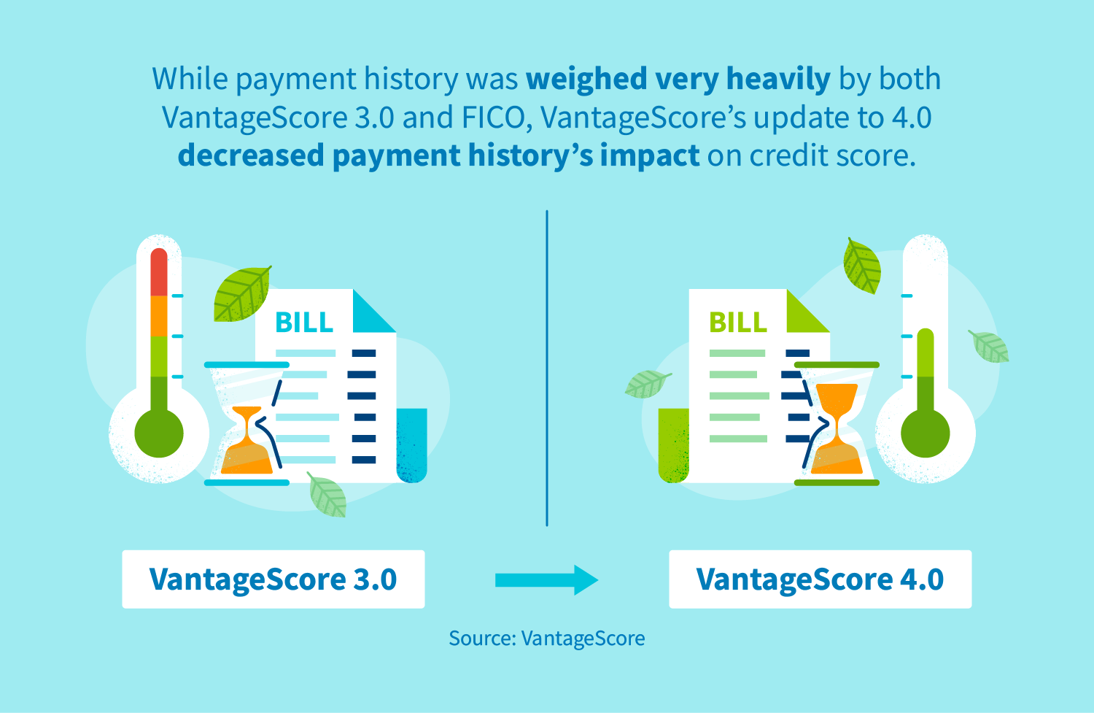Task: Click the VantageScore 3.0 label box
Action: tap(273, 579)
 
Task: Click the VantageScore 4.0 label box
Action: tap(820, 579)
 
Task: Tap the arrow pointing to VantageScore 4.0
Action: tap(546, 580)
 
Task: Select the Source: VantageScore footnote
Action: tap(546, 639)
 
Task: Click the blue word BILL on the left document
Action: tap(304, 323)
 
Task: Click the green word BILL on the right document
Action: tap(738, 323)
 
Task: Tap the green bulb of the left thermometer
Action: tap(159, 433)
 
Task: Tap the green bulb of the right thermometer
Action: tap(925, 433)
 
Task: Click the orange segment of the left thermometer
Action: tap(159, 316)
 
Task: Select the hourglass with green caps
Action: tap(837, 423)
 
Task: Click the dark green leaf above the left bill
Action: tap(241, 294)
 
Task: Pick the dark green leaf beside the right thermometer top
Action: tap(862, 266)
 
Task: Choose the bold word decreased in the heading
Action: tap(250, 155)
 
